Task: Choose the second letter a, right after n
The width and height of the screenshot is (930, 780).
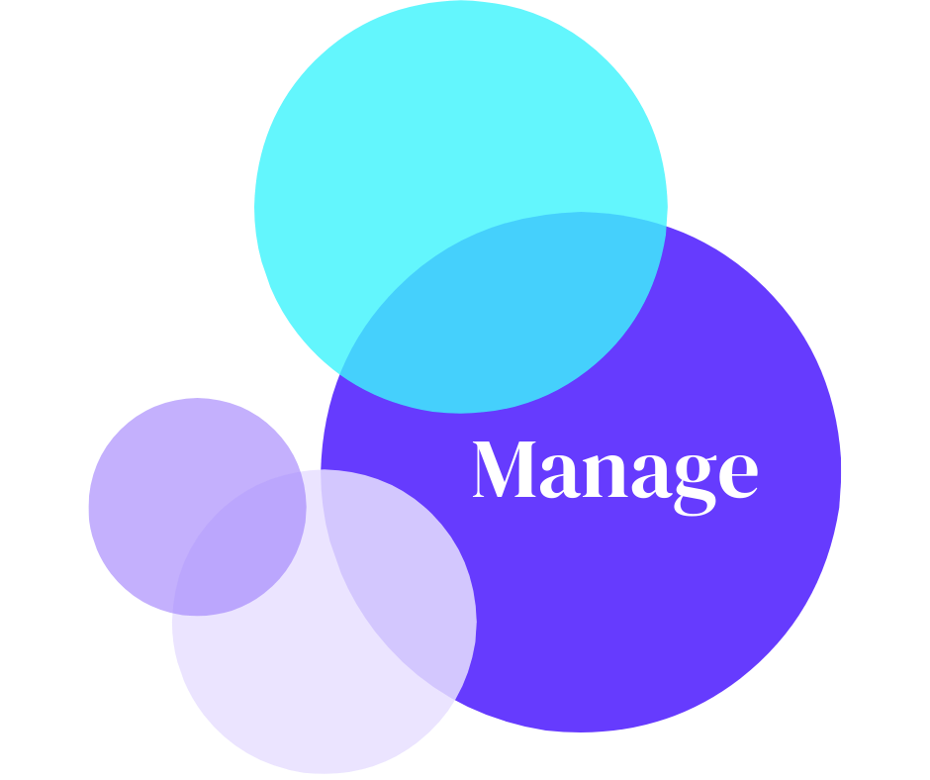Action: click(x=659, y=476)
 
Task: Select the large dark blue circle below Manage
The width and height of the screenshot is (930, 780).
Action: click(x=633, y=614)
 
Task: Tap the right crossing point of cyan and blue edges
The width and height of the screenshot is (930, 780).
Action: click(x=664, y=226)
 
